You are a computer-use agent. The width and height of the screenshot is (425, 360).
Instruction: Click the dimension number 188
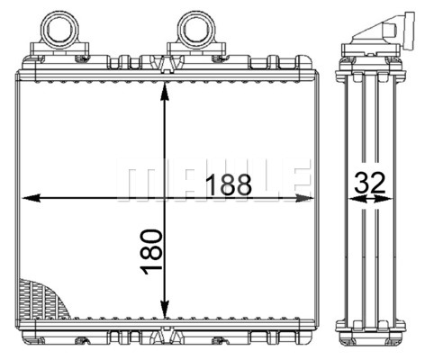pyautogui.click(x=230, y=184)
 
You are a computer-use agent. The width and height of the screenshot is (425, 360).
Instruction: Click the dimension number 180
pyautogui.click(x=151, y=251)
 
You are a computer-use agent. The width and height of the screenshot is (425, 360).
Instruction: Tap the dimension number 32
pyautogui.click(x=369, y=183)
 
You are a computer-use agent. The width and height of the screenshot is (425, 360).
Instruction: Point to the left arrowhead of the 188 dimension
pyautogui.click(x=32, y=198)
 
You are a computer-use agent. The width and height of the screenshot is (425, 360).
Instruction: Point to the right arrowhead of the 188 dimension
pyautogui.click(x=303, y=198)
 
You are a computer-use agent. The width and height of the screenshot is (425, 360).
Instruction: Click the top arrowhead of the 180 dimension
pyautogui.click(x=165, y=91)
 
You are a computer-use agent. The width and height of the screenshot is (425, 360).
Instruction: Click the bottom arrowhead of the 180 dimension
pyautogui.click(x=165, y=309)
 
